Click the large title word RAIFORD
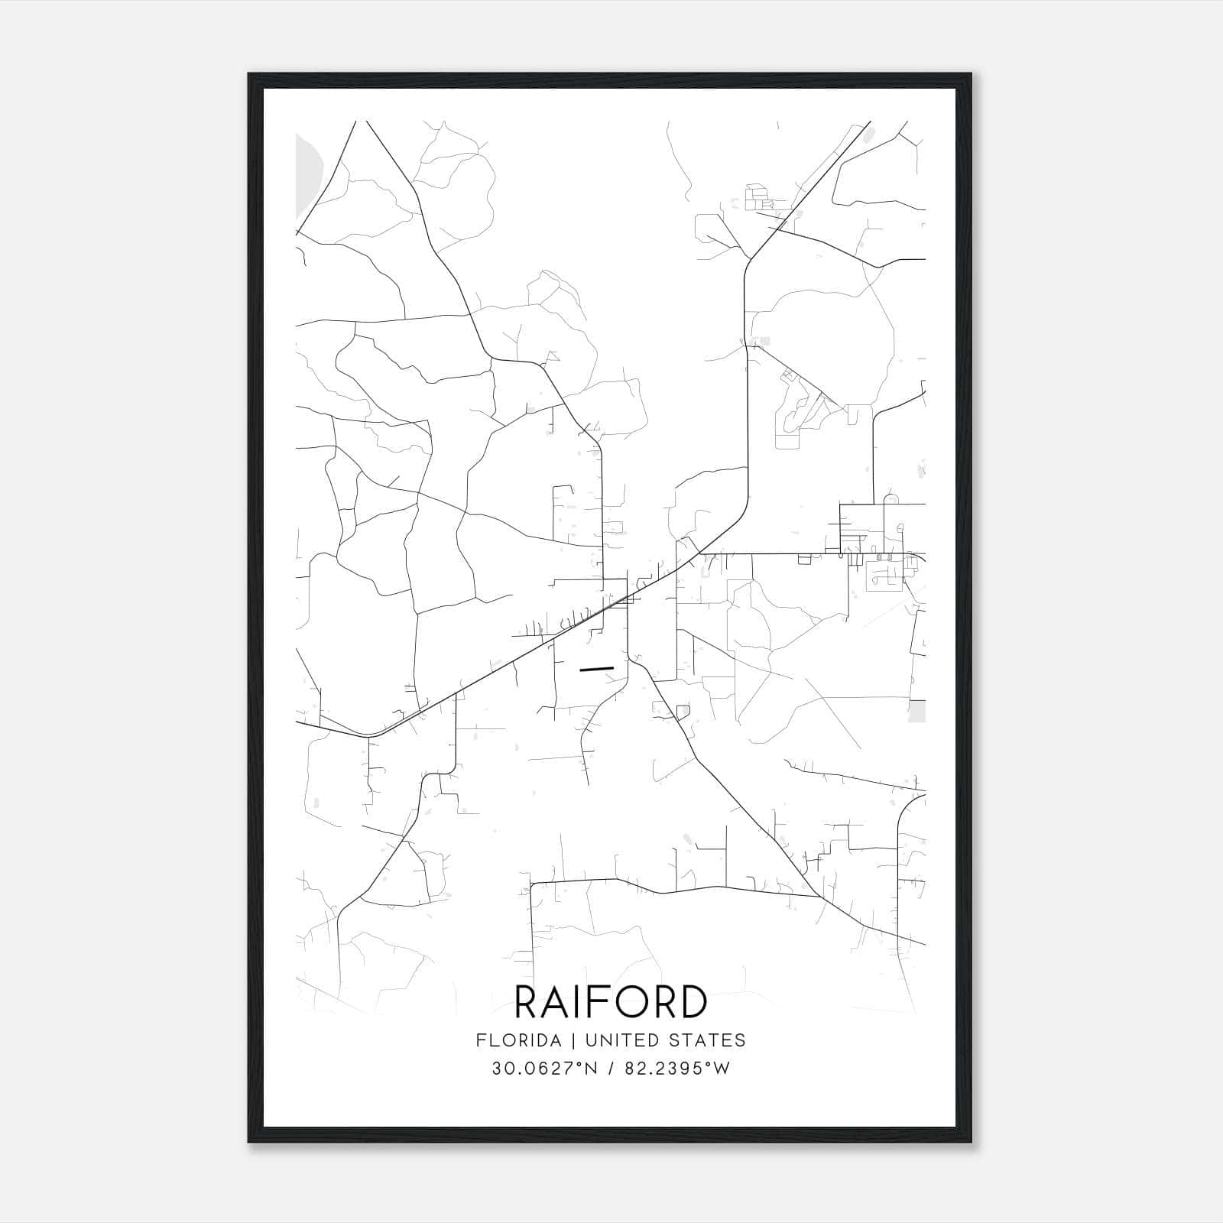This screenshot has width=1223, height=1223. (x=611, y=1002)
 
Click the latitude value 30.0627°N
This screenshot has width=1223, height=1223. (x=544, y=1069)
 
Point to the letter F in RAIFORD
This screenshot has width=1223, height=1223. (x=595, y=1002)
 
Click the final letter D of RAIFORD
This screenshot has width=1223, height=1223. (x=691, y=1002)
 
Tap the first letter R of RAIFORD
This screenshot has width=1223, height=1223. (x=527, y=1002)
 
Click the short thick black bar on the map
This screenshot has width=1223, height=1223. (x=597, y=669)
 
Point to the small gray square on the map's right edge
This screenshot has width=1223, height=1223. (x=917, y=711)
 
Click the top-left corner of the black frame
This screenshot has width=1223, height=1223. (x=249, y=75)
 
